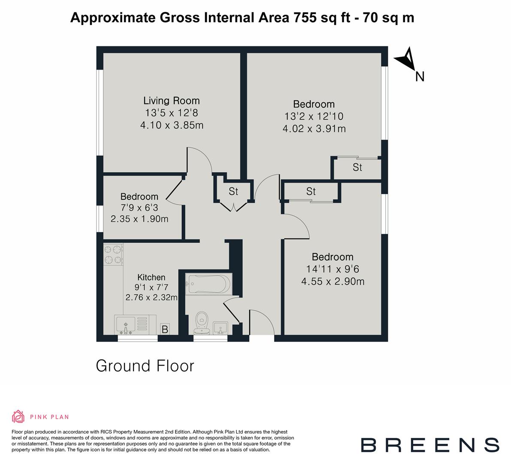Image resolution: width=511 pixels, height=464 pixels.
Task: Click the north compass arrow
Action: click(405, 59)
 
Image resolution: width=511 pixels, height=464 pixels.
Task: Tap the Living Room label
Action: click(171, 101)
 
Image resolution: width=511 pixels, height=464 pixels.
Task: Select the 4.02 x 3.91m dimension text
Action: click(314, 128)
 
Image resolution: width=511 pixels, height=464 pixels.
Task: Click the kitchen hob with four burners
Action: click(113, 254)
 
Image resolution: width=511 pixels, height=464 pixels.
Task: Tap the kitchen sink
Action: click(125, 325)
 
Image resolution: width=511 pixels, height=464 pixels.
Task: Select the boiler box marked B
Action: click(164, 330)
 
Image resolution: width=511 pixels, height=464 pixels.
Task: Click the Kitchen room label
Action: click(151, 277)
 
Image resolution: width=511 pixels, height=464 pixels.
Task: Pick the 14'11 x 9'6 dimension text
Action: click(333, 269)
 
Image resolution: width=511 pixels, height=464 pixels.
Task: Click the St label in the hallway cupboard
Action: click(233, 191)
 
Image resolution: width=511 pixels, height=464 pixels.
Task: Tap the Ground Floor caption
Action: click(145, 366)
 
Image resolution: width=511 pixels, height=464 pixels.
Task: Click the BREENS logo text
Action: click(429, 445)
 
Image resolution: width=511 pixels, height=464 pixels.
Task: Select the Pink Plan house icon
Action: click(18, 416)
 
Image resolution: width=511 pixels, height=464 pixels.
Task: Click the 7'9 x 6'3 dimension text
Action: click(139, 208)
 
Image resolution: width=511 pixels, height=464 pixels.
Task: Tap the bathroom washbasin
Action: click(221, 328)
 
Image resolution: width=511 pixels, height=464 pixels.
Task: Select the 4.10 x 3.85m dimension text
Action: click(171, 125)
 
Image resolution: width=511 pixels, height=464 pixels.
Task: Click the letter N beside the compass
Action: click(420, 77)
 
